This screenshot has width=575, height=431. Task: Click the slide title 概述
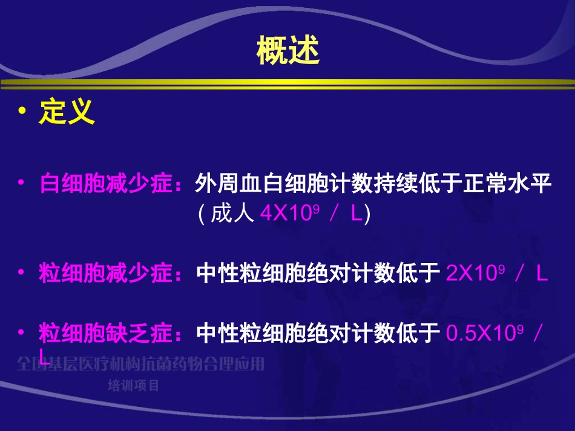(x=287, y=51)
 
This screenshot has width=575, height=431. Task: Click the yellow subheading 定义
(x=67, y=112)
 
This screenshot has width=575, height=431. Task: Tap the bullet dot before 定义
(x=23, y=112)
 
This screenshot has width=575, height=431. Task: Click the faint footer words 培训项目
(x=133, y=385)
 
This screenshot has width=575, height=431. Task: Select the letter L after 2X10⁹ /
(x=542, y=274)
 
